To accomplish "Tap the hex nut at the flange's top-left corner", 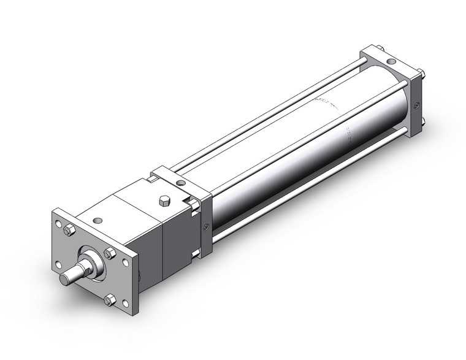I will coord(69,230).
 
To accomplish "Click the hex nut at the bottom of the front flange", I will coord(110,300).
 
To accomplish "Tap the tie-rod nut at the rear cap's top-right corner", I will coord(422,75).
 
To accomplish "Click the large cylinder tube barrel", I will coord(307,141).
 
